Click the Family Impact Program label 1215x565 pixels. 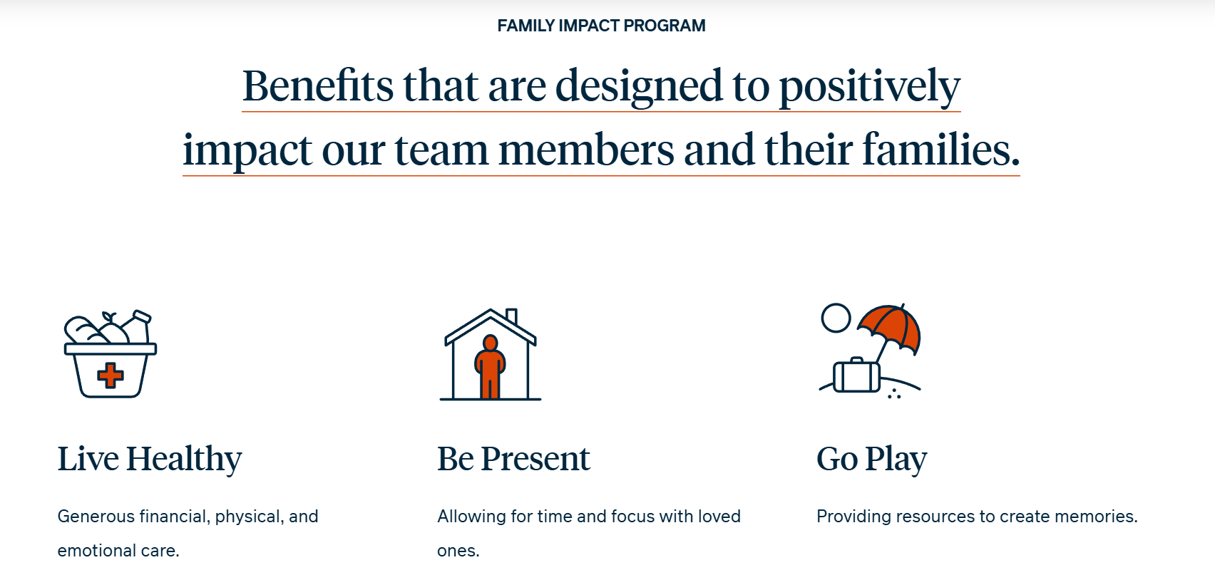click(x=601, y=26)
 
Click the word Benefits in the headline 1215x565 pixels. click(x=317, y=85)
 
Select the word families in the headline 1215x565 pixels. click(x=941, y=149)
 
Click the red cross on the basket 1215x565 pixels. click(x=110, y=375)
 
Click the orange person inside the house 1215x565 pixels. click(x=490, y=366)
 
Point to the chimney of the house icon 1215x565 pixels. click(x=511, y=316)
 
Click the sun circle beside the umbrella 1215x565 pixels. click(x=836, y=318)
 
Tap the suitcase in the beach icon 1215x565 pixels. click(x=856, y=375)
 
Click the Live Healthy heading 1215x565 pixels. click(x=150, y=460)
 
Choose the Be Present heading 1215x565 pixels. click(x=513, y=459)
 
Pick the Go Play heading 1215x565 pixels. click(x=871, y=460)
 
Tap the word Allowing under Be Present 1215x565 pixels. click(x=471, y=517)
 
